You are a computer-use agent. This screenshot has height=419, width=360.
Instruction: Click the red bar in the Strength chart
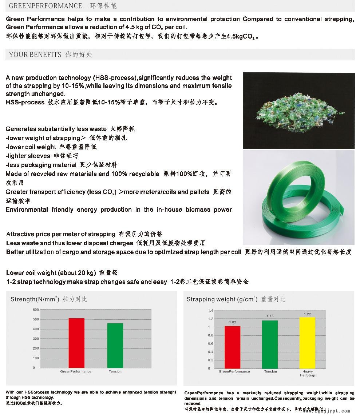(x=76, y=343)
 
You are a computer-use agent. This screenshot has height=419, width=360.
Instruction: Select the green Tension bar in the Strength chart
(x=115, y=345)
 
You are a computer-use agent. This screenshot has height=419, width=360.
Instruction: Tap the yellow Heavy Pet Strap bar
(x=307, y=343)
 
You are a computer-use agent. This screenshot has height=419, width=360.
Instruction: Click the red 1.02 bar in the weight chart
(x=232, y=347)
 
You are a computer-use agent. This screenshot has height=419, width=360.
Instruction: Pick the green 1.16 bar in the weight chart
(x=270, y=344)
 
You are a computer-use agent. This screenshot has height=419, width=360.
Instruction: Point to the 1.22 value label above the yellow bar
(x=307, y=314)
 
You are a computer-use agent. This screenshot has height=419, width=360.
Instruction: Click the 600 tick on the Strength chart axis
(x=36, y=310)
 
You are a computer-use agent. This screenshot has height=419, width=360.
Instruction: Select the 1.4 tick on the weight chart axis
(x=210, y=311)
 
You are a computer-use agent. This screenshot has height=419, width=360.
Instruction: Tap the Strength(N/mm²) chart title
(x=35, y=299)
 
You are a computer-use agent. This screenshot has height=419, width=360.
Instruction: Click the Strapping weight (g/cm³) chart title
(x=222, y=299)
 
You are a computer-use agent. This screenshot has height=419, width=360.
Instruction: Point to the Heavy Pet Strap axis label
(x=307, y=373)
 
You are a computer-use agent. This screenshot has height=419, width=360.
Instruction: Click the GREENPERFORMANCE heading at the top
(x=46, y=6)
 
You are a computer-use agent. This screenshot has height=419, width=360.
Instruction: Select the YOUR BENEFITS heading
(x=35, y=55)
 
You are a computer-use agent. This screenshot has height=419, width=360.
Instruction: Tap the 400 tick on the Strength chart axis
(x=36, y=329)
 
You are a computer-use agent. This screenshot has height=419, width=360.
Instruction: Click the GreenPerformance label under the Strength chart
(x=76, y=371)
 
